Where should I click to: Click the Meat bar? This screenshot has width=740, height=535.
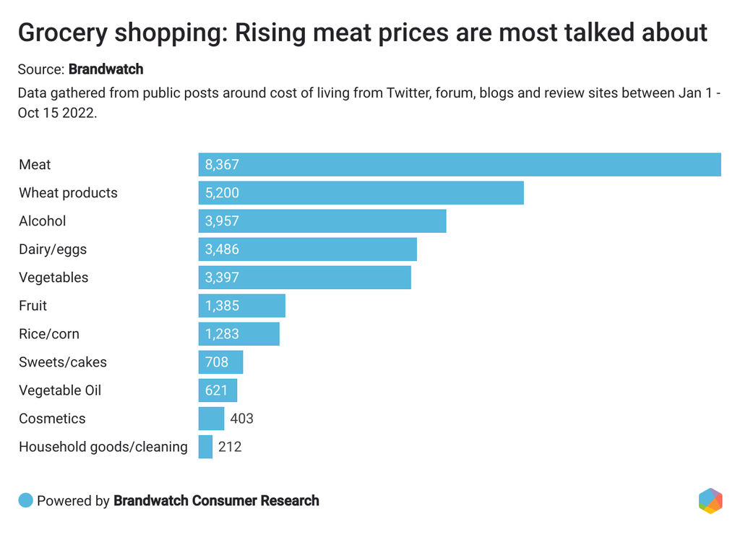click(x=460, y=165)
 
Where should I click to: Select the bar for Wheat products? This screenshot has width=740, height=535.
click(x=361, y=193)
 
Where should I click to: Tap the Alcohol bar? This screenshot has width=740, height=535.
click(x=322, y=221)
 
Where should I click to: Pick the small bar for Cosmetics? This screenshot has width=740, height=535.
click(x=212, y=419)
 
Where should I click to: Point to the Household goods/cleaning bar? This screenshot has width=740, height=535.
click(x=206, y=447)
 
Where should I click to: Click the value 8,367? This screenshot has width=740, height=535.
click(x=222, y=165)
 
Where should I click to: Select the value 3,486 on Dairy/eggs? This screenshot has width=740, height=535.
click(x=222, y=249)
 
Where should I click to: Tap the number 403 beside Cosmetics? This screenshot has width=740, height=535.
click(x=241, y=419)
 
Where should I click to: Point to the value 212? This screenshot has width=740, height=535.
click(x=230, y=447)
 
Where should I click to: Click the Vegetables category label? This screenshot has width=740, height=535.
click(x=53, y=278)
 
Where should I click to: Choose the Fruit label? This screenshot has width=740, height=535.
click(x=33, y=306)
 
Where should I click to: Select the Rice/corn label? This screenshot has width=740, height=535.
click(x=49, y=334)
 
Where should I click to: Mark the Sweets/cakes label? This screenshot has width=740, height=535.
click(x=63, y=362)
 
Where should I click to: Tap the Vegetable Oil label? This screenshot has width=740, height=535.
click(x=60, y=390)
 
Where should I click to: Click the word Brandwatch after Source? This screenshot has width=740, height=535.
click(x=106, y=69)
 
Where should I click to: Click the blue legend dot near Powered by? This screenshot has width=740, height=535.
click(x=26, y=500)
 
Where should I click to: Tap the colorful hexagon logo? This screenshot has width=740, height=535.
click(x=710, y=501)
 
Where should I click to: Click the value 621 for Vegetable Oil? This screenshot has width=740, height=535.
click(x=217, y=390)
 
